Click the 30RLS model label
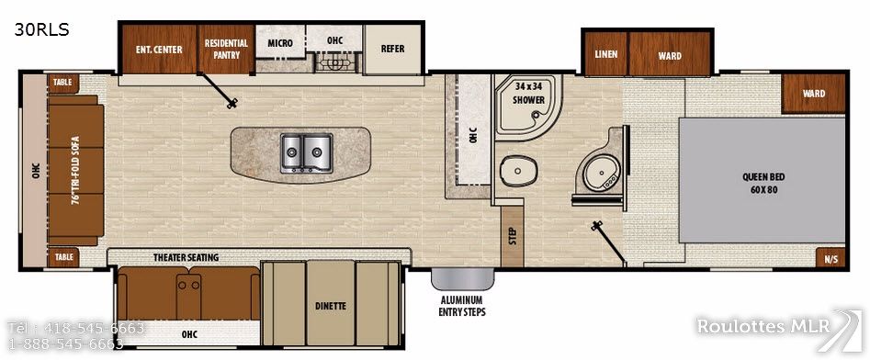41,30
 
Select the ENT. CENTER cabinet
159,50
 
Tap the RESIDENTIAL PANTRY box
226,50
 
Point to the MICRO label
280,43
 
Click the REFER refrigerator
393,50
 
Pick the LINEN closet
606,54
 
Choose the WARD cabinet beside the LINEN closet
670,54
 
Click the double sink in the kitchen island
306,153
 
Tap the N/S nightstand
830,257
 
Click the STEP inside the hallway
512,236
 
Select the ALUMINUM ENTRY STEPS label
462,306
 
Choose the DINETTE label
330,306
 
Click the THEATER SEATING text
186,257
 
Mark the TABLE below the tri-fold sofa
62,257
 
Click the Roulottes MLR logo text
763,326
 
